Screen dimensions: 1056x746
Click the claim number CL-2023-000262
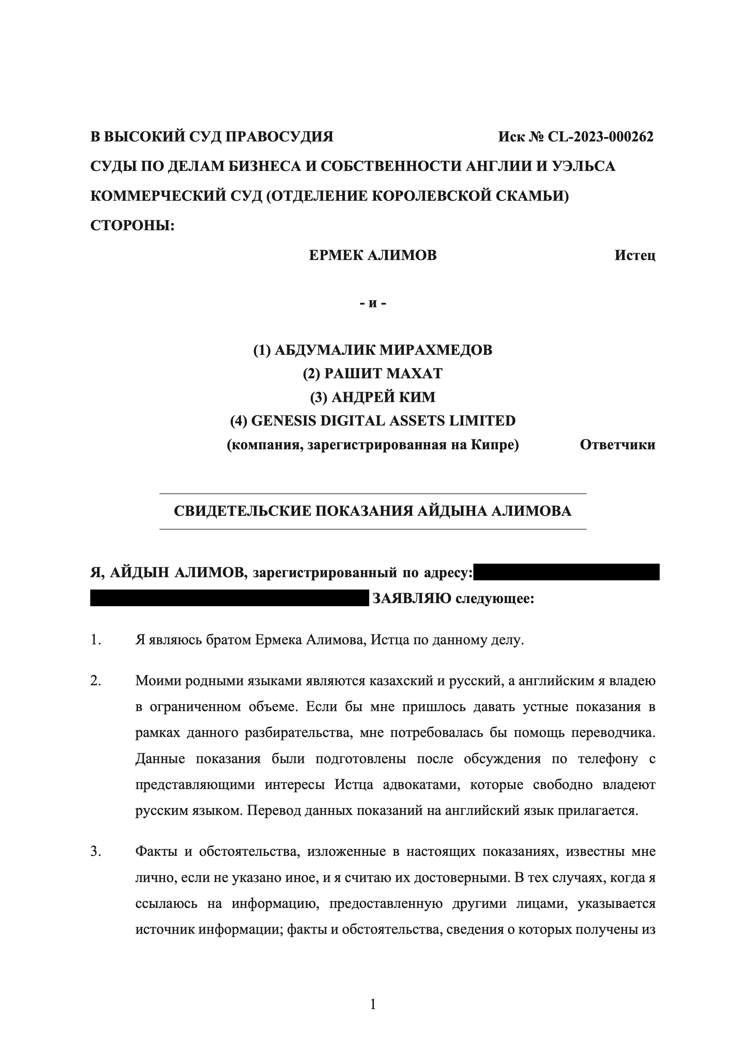pyautogui.click(x=600, y=137)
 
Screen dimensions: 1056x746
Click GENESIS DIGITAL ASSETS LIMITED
pyautogui.click(x=383, y=420)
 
